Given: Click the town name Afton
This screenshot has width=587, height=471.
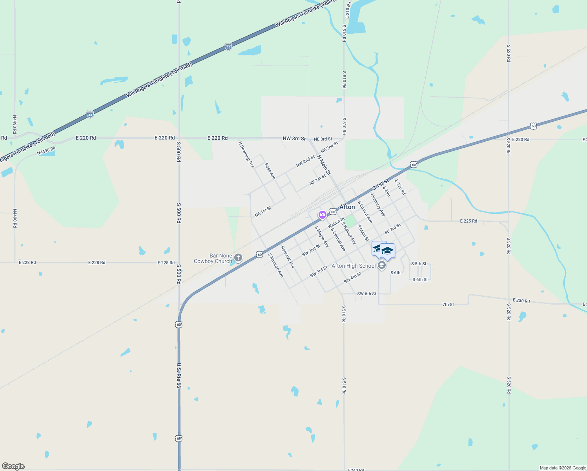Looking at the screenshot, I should (x=347, y=207).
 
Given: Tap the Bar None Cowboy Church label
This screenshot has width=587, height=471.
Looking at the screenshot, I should (x=213, y=258).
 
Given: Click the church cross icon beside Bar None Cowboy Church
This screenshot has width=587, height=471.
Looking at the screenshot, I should (x=238, y=258).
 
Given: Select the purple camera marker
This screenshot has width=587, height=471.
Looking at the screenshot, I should (x=322, y=215).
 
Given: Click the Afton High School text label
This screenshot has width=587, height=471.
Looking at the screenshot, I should (x=354, y=266).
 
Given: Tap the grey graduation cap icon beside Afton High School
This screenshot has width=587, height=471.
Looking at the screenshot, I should (x=381, y=266).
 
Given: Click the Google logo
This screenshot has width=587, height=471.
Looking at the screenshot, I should (x=13, y=466).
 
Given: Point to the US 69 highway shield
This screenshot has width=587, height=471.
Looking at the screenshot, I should (x=179, y=438).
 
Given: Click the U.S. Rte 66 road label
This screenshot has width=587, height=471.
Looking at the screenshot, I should (x=179, y=376).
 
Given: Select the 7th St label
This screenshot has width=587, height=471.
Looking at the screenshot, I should (x=448, y=304).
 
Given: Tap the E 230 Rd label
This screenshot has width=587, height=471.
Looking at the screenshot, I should (x=521, y=301).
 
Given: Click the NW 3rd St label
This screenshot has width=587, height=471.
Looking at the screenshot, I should (x=294, y=139).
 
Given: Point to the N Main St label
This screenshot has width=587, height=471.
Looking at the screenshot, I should (x=324, y=165).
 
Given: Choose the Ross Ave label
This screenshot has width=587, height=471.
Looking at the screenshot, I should (x=270, y=172).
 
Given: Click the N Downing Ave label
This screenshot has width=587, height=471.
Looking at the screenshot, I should (x=246, y=155).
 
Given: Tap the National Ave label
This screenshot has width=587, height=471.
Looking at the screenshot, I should (x=288, y=257).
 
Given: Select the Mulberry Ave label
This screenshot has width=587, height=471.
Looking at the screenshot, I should (x=378, y=205).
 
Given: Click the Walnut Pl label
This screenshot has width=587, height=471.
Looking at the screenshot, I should (x=336, y=223).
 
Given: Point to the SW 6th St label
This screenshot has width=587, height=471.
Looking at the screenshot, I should (x=366, y=294).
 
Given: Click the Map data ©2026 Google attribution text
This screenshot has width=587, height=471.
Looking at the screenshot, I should (x=563, y=468).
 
